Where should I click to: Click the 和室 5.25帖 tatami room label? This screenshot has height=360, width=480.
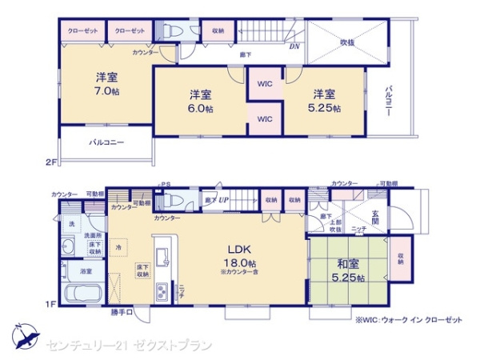click(348, 270)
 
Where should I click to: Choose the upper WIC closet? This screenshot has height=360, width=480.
click(264, 83)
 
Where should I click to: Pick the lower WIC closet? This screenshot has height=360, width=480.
click(264, 118)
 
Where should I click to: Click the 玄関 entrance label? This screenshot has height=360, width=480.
click(377, 216)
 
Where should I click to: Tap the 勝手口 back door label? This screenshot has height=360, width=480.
click(121, 312)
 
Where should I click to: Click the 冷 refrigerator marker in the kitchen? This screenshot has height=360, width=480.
click(118, 249)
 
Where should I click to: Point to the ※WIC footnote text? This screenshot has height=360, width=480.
click(409, 319)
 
